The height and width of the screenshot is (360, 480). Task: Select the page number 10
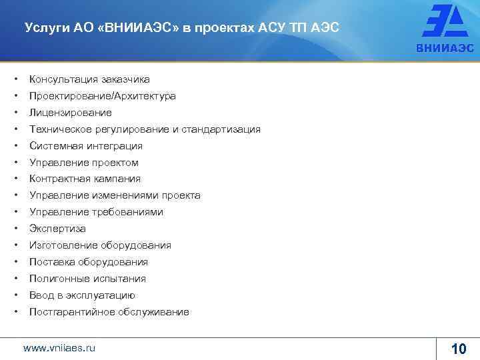pos(459,349)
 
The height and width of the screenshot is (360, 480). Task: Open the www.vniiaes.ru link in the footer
pos(59,348)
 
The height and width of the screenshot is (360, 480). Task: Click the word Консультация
pos(62,79)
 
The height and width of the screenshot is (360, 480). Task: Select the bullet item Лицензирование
pos(71,113)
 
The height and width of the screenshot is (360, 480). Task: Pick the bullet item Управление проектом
pos(84,163)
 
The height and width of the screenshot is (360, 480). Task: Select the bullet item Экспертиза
pos(57,229)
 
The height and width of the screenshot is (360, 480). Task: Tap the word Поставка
pos(52,262)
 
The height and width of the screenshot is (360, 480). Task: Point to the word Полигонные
pos(58,279)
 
